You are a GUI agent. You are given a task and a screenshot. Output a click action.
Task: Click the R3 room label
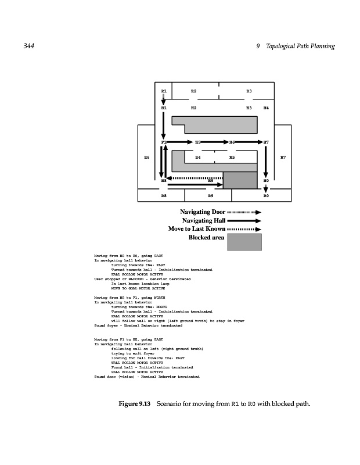tap(249, 91)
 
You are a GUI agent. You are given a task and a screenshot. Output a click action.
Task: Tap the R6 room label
tap(147, 158)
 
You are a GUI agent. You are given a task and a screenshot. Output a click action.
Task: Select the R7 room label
tap(283, 158)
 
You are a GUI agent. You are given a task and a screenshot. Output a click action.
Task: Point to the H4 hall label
tap(266, 108)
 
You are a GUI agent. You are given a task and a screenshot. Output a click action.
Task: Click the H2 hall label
tap(194, 108)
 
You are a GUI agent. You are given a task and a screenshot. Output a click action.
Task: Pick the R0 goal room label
tap(266, 196)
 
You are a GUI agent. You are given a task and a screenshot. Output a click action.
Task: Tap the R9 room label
tap(211, 196)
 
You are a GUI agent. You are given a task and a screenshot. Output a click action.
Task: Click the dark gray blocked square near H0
tap(240, 180)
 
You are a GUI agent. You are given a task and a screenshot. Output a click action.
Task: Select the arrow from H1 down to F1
tap(164, 125)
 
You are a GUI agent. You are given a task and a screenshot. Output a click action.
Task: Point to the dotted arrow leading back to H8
tap(197, 177)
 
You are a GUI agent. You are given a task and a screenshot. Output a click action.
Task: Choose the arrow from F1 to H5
tap(181, 142)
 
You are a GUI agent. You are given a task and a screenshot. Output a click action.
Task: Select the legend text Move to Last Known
tap(197, 228)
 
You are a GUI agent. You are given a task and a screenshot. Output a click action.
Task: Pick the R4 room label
tap(198, 158)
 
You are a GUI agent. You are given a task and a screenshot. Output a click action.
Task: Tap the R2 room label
tap(194, 91)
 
